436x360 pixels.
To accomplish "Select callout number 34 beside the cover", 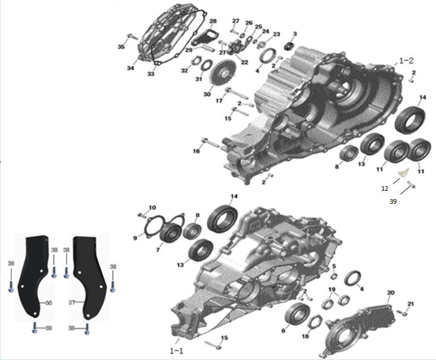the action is [x=130, y=68].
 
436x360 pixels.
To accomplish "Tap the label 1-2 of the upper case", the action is [x=406, y=60].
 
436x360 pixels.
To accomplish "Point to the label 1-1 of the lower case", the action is [x=176, y=351].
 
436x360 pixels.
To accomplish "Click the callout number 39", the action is [x=393, y=201].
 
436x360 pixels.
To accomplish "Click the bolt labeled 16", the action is [x=211, y=142].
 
